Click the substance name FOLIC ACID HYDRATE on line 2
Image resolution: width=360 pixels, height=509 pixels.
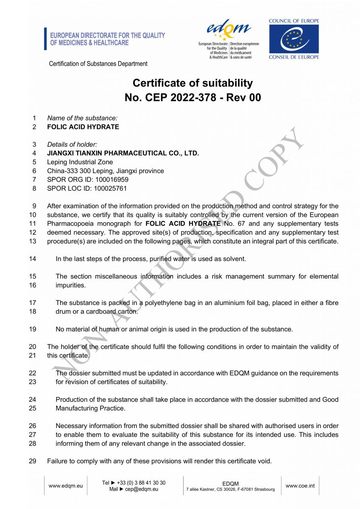[83, 127]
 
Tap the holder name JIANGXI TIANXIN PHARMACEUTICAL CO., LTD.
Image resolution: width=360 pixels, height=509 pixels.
[123, 153]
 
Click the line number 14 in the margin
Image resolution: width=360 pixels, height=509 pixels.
[33, 259]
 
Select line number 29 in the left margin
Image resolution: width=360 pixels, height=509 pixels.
[33, 461]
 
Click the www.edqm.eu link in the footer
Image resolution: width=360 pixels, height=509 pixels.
[66, 486]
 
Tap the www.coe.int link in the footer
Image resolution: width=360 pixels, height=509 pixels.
[300, 486]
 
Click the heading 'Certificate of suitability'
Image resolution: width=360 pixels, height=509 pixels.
[193, 83]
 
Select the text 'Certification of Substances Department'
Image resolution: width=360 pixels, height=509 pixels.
[98, 64]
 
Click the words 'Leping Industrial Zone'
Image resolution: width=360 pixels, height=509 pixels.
[80, 162]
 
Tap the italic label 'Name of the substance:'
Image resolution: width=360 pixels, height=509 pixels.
[82, 118]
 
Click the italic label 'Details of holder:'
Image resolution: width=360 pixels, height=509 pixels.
[72, 144]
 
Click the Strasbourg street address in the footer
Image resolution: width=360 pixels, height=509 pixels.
[230, 489]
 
